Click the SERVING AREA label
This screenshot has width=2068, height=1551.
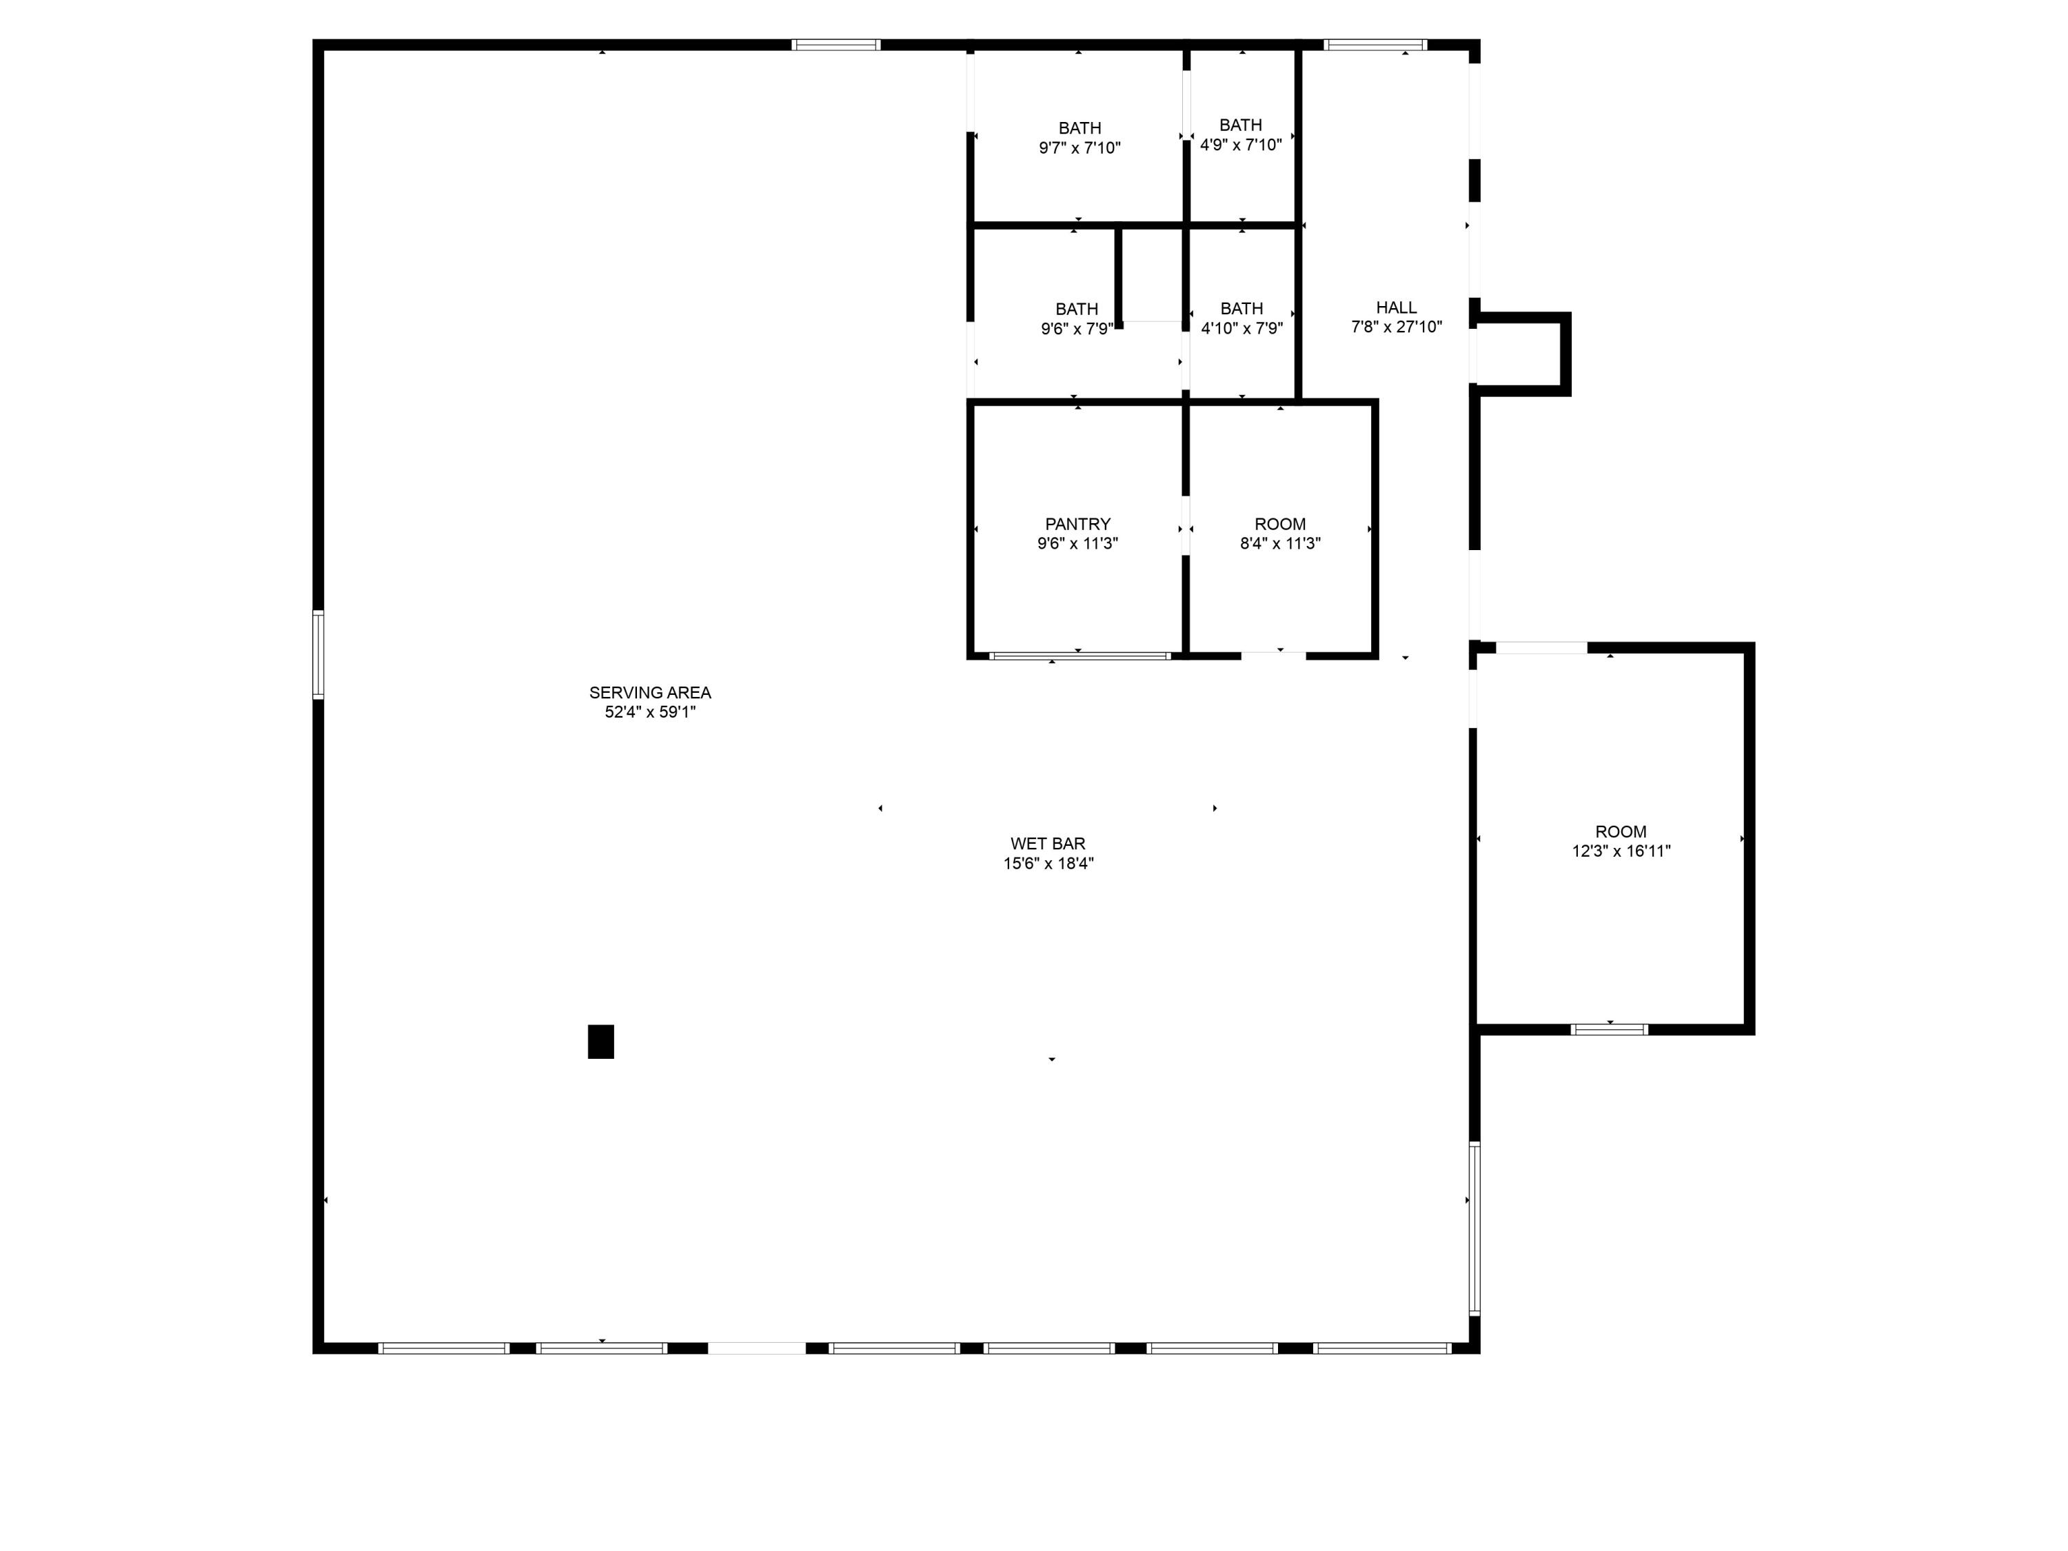(x=650, y=693)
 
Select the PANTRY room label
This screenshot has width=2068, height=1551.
(x=1078, y=525)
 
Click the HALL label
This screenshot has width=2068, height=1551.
(x=1396, y=307)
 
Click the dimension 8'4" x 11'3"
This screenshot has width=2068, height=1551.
(x=1280, y=544)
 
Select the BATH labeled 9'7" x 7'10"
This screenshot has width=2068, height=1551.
(x=1079, y=128)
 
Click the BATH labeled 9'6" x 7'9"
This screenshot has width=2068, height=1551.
(x=1077, y=310)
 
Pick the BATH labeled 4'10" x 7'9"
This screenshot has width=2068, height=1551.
(x=1241, y=309)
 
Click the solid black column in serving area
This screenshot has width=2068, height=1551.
(x=600, y=1042)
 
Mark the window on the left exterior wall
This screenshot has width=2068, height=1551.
(x=318, y=654)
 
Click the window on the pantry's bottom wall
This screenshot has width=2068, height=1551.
(x=1079, y=656)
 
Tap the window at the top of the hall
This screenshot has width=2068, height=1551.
(x=1375, y=45)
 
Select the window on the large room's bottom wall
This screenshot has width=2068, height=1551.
(x=1609, y=1029)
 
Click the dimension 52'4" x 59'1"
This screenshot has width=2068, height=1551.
(x=650, y=712)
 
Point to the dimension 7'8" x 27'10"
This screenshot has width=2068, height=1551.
(x=1396, y=327)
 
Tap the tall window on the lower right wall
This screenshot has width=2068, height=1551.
(x=1474, y=1228)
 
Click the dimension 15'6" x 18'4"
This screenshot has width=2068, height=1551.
(x=1048, y=864)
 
